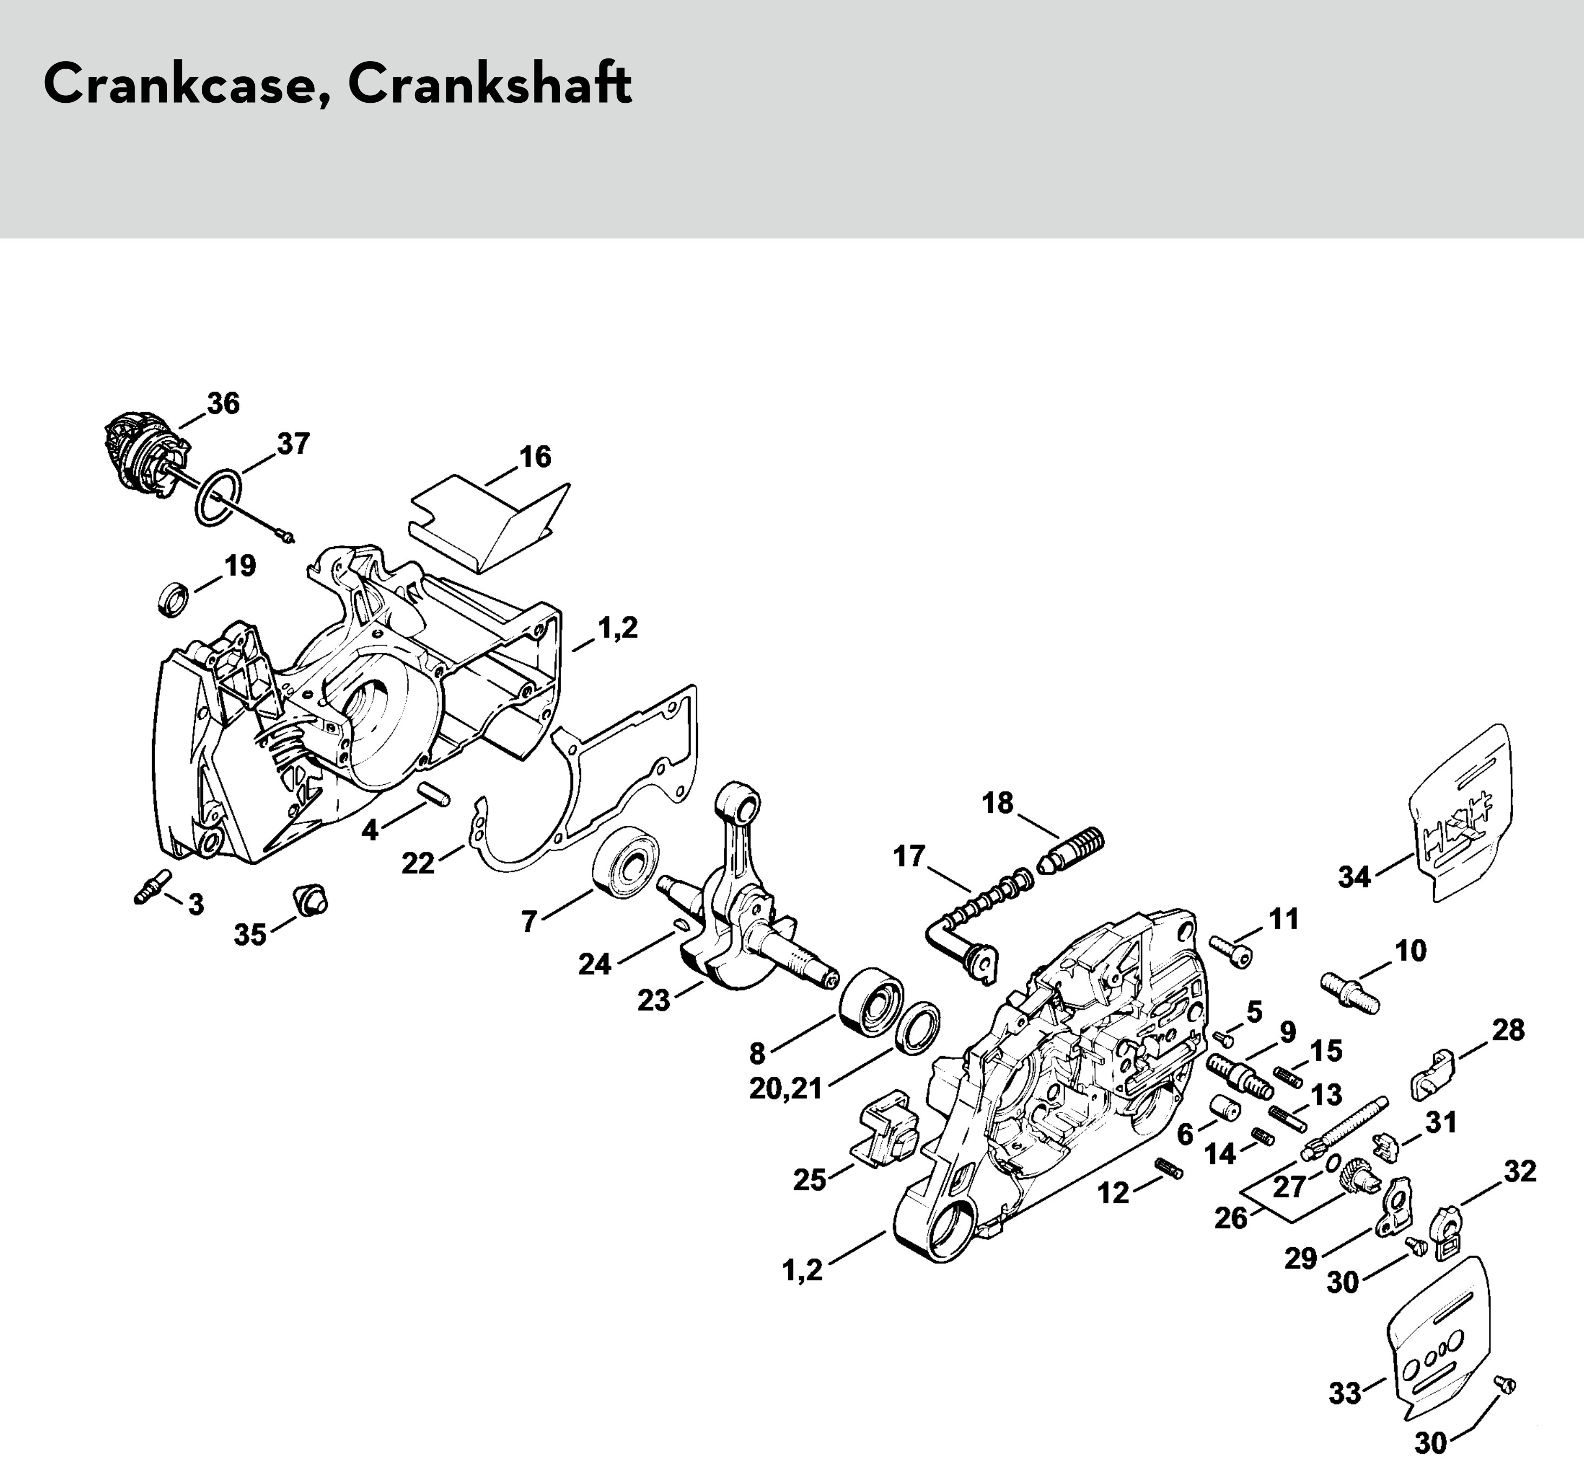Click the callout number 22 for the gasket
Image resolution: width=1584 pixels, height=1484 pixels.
(x=418, y=863)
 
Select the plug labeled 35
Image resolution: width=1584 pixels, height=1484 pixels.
(x=310, y=899)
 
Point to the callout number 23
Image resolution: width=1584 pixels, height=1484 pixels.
(x=654, y=999)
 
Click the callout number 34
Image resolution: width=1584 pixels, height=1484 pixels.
(x=1355, y=877)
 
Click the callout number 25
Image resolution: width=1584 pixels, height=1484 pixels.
(x=809, y=1180)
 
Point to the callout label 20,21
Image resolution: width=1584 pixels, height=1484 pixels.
(x=786, y=1088)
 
